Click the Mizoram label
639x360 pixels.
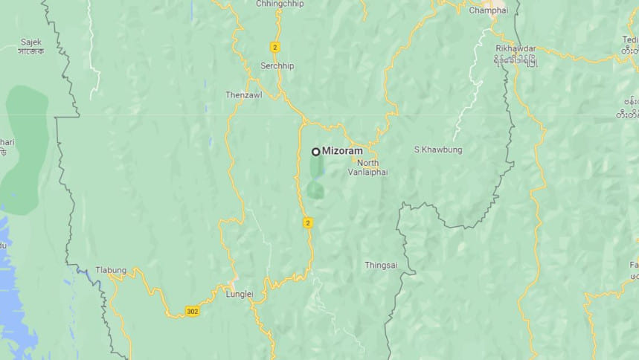(x=342, y=151)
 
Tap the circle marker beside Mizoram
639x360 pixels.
(x=315, y=151)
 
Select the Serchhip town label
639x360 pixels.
(x=277, y=65)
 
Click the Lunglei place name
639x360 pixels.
(x=239, y=294)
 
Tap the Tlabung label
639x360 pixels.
(x=111, y=270)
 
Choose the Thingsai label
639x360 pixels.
(x=381, y=265)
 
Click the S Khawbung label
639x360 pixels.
(x=437, y=150)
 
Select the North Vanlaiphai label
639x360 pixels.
(x=367, y=167)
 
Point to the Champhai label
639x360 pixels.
(x=488, y=10)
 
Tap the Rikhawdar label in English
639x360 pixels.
(x=515, y=48)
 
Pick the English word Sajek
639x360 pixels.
(x=31, y=42)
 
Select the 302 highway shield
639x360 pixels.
(x=192, y=310)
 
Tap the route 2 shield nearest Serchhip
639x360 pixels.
(x=274, y=47)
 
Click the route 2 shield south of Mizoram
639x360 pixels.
(x=307, y=222)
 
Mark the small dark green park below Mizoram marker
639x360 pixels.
(x=316, y=190)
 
